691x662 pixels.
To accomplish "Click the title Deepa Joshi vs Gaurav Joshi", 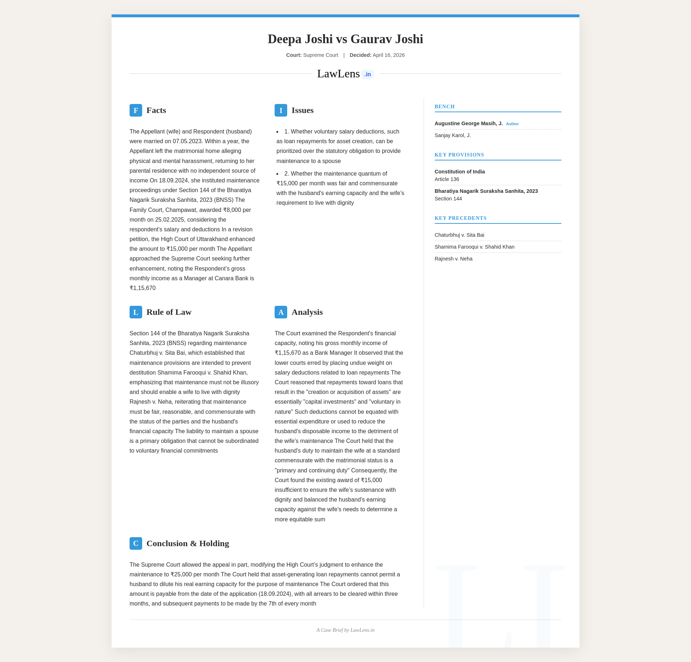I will (345, 39).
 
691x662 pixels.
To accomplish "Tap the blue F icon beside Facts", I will (136, 110).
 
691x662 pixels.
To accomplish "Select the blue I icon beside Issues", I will (281, 110).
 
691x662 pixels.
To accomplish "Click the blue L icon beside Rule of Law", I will (136, 312).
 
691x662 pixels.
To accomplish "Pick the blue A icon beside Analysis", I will (281, 312).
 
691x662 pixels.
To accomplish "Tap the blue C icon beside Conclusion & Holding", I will (136, 544).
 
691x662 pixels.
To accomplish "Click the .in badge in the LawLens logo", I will (367, 74).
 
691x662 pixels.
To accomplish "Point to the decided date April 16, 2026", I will (389, 55).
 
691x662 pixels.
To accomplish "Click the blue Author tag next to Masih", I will (512, 124).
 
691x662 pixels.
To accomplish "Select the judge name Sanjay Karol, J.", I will (452, 135).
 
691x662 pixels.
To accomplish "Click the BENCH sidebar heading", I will (444, 106).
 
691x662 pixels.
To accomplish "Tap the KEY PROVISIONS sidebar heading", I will (459, 155).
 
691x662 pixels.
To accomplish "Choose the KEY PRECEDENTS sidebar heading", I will (460, 218).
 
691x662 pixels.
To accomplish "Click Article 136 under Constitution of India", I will (447, 179).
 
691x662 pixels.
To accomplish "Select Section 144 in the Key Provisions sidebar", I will (448, 199).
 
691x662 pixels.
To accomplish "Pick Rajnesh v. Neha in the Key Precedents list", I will (453, 259).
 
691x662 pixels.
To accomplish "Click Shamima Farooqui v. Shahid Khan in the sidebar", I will (474, 247).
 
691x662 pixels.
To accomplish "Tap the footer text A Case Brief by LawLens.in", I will (345, 630).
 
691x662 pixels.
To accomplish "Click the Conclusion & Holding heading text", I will (188, 544).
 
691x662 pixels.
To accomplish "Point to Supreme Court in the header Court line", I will (321, 55).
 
